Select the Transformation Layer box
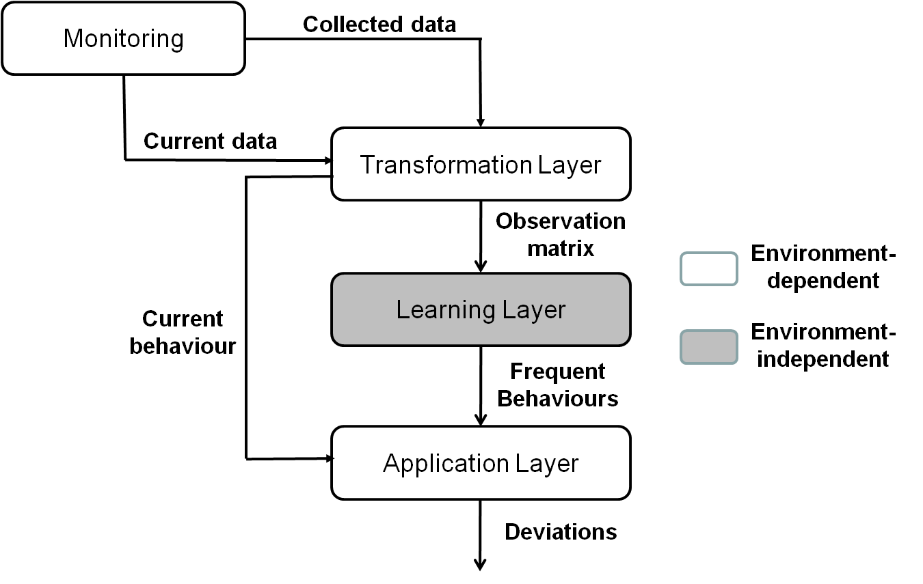[x=481, y=164]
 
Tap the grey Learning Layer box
[x=481, y=309]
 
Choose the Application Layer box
[x=481, y=463]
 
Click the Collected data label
[x=379, y=25]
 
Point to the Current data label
[x=210, y=141]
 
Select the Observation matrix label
[x=560, y=234]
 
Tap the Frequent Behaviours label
[x=558, y=385]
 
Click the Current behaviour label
[x=183, y=333]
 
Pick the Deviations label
[x=561, y=531]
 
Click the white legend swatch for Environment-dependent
[x=708, y=268]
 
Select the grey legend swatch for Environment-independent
[x=708, y=347]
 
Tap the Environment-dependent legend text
[x=823, y=267]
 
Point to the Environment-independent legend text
[x=823, y=346]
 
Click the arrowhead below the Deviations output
[x=480, y=564]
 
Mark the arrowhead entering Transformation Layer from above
[x=481, y=122]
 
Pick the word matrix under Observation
[x=561, y=248]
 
